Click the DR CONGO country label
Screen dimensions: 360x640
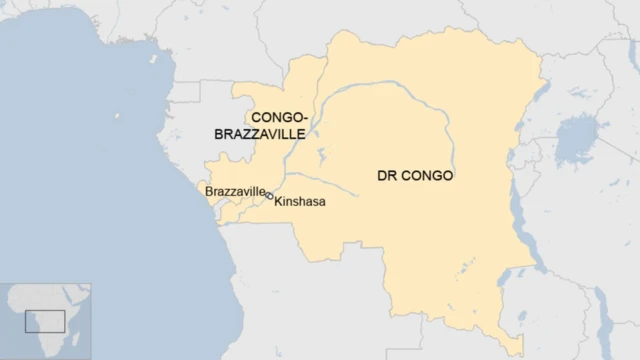point(415,176)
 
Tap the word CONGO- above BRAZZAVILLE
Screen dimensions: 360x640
point(278,117)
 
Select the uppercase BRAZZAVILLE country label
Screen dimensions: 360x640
point(260,133)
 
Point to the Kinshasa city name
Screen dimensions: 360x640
point(300,201)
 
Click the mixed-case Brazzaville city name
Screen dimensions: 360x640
point(235,190)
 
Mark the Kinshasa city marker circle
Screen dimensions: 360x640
point(271,197)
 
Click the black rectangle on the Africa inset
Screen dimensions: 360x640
point(45,321)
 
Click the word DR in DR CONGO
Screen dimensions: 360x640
point(385,176)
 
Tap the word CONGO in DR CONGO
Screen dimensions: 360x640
point(426,176)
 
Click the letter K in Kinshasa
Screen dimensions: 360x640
point(279,201)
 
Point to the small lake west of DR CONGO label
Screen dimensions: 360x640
point(321,157)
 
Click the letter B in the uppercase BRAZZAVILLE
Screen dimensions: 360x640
point(219,133)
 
